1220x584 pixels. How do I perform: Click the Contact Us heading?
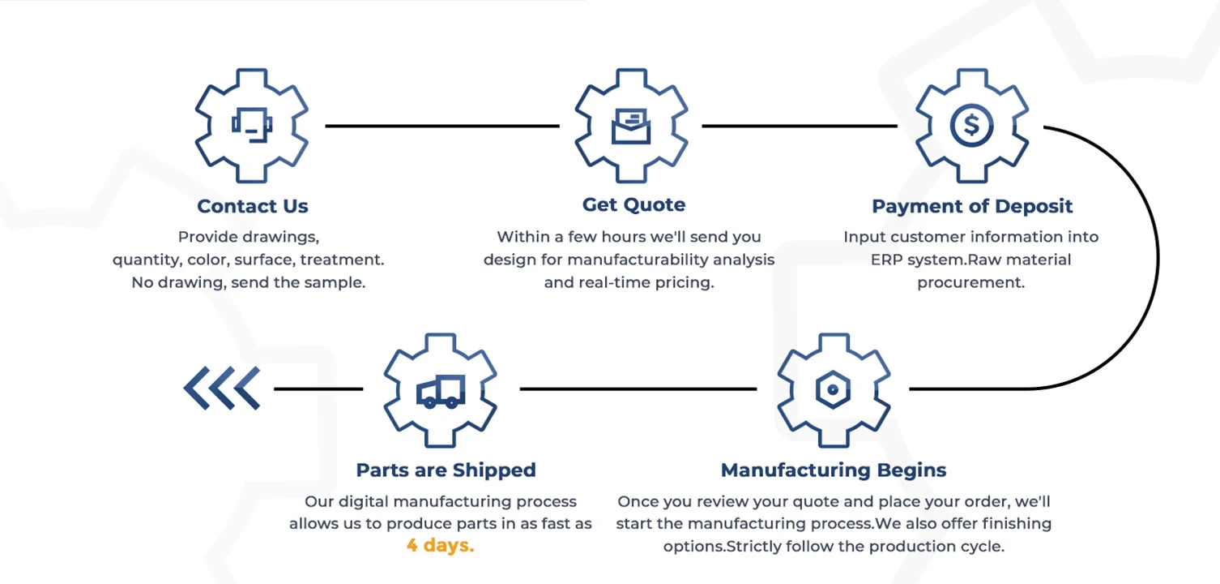253,206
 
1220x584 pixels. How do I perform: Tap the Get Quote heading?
633,204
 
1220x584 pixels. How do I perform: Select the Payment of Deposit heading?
972,206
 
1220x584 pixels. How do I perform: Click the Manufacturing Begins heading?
834,470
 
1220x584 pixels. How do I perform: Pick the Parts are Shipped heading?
446,470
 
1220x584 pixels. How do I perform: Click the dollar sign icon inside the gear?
971,126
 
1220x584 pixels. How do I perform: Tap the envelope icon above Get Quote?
632,127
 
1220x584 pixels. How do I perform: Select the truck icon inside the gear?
441,391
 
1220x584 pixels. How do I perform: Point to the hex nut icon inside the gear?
833,389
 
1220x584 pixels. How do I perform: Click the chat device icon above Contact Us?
252,125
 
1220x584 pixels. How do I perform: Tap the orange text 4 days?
440,546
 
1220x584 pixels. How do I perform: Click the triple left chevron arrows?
222,388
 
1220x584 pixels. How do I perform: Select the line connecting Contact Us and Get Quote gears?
442,126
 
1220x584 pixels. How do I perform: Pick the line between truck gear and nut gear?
638,389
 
